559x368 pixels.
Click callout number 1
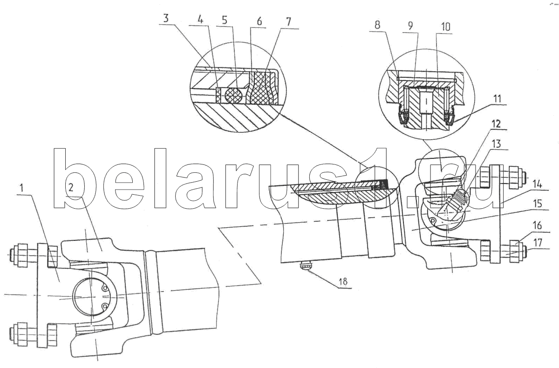[22, 188]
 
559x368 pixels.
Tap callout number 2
[71, 188]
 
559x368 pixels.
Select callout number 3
[166, 18]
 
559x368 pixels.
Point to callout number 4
[200, 20]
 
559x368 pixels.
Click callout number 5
[225, 20]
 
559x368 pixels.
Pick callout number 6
[259, 21]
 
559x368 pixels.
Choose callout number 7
[288, 22]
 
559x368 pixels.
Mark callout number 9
[410, 26]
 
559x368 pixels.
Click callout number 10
[445, 27]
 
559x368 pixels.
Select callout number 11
[497, 99]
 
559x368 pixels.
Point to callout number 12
[496, 124]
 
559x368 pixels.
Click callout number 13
[496, 144]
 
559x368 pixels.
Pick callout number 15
[537, 204]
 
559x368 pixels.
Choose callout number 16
[537, 225]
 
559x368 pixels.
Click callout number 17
[538, 243]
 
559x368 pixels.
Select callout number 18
[343, 281]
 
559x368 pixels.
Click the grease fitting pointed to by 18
[307, 266]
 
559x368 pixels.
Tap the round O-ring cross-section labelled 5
[233, 95]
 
